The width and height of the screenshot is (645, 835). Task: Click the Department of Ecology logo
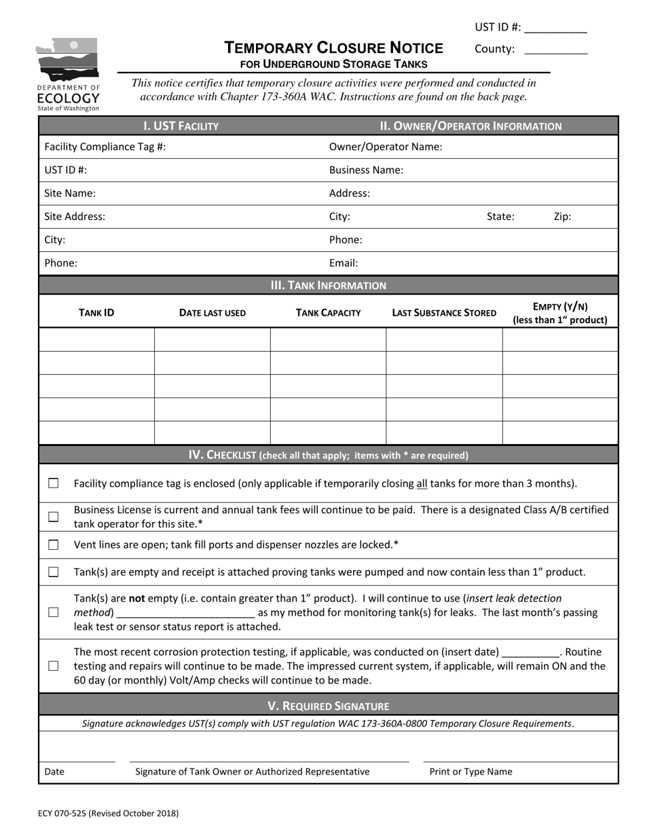[x=68, y=74]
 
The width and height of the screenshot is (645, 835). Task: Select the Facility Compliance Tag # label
[x=105, y=147]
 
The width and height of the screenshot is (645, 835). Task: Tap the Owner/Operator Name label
[x=386, y=147]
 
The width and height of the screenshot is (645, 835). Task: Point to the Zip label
[x=562, y=217]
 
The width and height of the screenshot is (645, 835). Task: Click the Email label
[x=344, y=263]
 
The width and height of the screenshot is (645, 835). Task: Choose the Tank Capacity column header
[x=328, y=313]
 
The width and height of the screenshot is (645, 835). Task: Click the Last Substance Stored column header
[x=444, y=313]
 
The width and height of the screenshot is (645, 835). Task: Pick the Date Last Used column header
[x=213, y=313]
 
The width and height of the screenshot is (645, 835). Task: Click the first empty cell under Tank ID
[x=96, y=339]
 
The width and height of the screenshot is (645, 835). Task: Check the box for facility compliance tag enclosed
[x=54, y=483]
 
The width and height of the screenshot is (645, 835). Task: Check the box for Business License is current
[x=54, y=517]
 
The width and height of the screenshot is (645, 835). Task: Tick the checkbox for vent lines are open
[x=54, y=544]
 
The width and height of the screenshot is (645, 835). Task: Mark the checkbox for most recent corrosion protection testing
[x=54, y=666]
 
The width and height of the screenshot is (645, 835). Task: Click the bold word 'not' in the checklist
[x=138, y=598]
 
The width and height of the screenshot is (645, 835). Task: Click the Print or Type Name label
[x=471, y=771]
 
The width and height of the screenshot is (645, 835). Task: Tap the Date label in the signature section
[x=54, y=771]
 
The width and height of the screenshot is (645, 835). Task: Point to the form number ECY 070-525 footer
[x=109, y=812]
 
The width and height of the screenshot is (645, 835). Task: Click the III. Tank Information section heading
[x=328, y=285]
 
